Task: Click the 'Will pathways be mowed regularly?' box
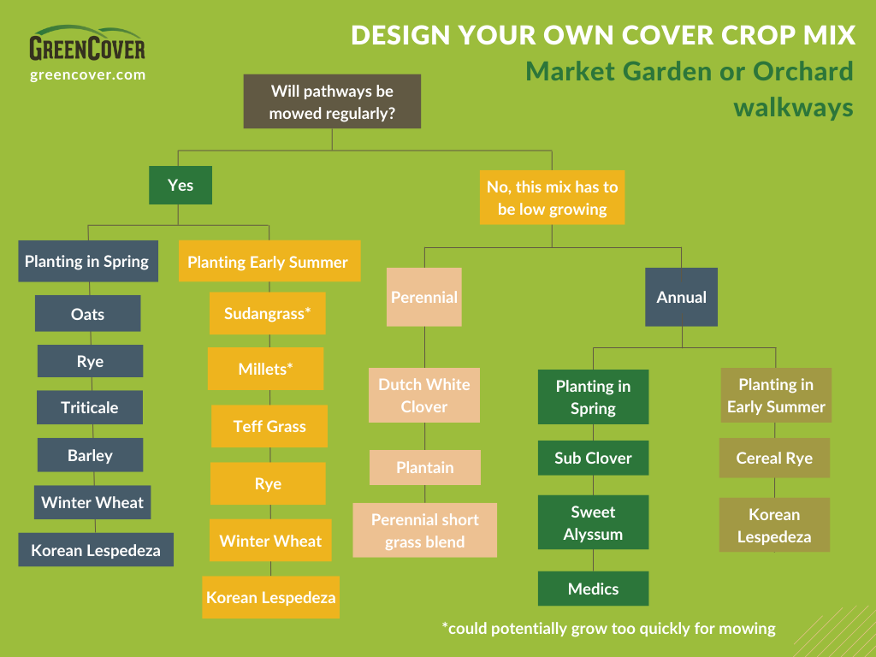[332, 102]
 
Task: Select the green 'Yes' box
[180, 185]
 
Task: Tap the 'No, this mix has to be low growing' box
[552, 198]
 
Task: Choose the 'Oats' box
[87, 314]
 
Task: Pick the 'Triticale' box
[89, 407]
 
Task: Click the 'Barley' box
[90, 455]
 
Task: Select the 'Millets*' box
[265, 370]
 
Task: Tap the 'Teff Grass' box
[269, 426]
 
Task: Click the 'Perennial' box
[423, 297]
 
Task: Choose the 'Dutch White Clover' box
[424, 395]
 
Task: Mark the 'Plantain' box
[424, 468]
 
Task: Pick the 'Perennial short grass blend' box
[424, 530]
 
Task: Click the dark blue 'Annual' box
[681, 297]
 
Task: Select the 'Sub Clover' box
[593, 458]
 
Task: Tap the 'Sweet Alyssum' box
[593, 523]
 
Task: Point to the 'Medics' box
[593, 589]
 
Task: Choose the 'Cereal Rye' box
[774, 458]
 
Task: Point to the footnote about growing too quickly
[608, 629]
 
